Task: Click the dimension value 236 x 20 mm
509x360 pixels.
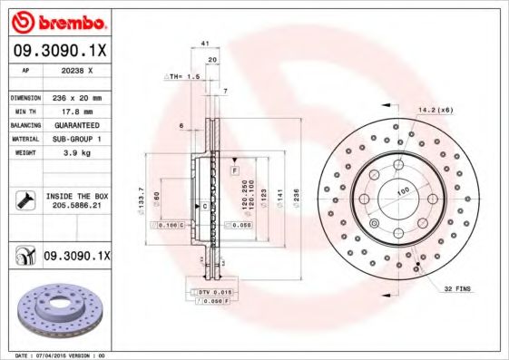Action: tap(76, 97)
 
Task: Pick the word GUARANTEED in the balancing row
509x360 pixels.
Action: tap(76, 124)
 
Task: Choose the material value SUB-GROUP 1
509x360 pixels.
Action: tap(76, 139)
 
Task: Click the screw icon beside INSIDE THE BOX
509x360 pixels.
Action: tap(24, 200)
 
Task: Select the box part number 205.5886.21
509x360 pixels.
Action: tap(76, 207)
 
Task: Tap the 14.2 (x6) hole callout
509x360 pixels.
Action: tap(436, 110)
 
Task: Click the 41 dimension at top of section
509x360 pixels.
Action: tap(205, 43)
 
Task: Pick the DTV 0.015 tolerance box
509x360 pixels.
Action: tap(210, 291)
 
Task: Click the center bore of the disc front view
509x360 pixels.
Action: tap(396, 191)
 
